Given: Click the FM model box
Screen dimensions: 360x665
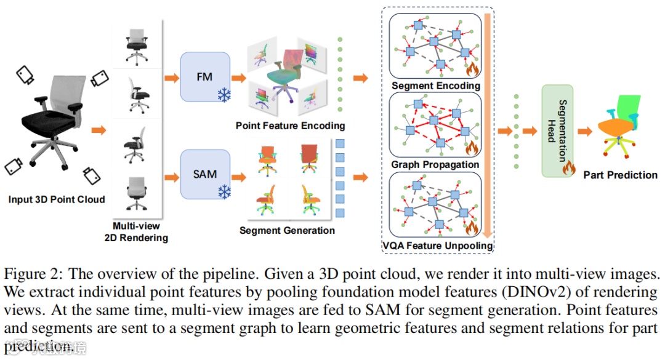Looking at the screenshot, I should coord(204,77).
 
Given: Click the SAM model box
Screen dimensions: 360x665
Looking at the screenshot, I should coord(204,174).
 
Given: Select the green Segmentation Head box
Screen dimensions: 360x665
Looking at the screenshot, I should coord(557,131).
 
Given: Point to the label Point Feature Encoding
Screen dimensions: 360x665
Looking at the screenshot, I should coord(290,126).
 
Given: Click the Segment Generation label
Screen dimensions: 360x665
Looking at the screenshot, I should coord(287,231).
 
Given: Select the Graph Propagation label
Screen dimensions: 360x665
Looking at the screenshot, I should coord(435,165).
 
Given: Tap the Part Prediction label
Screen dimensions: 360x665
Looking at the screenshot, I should coord(620,175).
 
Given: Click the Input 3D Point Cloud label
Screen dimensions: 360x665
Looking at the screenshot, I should coord(57,199).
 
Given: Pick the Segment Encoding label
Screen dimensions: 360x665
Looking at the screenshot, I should coord(435,86).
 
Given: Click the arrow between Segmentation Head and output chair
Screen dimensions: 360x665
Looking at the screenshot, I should coord(586,131).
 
